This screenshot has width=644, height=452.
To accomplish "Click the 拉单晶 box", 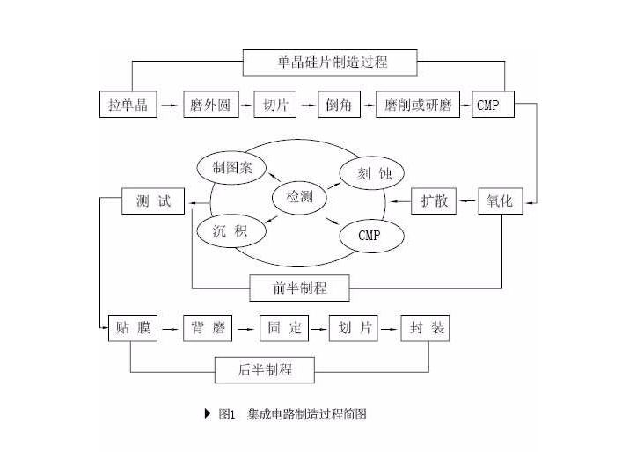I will (x=128, y=106).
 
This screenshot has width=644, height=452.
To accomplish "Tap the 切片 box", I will (x=274, y=106).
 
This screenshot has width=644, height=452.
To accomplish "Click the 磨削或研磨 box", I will (x=419, y=106).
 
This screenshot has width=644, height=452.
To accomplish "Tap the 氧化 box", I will (x=501, y=201).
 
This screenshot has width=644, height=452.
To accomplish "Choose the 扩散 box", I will (x=434, y=201).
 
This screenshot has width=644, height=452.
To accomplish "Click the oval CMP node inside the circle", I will (x=368, y=235).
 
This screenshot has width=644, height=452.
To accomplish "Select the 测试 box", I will (x=154, y=201).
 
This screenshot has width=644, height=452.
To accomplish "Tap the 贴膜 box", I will (x=133, y=329).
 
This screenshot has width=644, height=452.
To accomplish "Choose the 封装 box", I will (x=428, y=329).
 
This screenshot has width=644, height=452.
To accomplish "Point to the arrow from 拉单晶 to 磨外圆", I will (x=170, y=106).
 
